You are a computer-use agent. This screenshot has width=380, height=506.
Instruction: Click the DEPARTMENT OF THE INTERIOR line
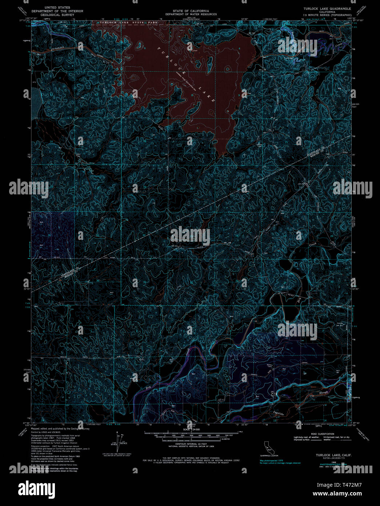[57, 11]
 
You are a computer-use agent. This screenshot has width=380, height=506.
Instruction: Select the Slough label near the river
[324, 392]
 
